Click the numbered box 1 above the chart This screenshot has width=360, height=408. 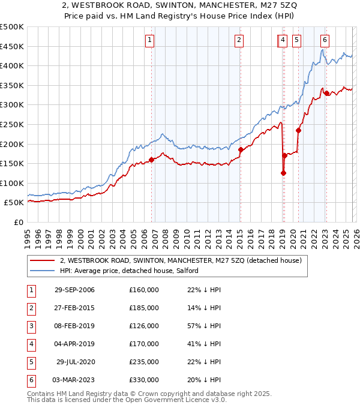[149, 40]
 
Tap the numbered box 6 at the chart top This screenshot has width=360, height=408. [325, 40]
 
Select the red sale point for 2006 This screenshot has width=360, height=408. [151, 160]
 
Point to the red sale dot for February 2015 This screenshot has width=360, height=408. [241, 149]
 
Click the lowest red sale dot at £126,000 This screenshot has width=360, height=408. [283, 173]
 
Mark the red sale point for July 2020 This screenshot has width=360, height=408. [298, 130]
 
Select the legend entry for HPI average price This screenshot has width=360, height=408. [133, 271]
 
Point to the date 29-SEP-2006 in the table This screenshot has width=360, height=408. [74, 290]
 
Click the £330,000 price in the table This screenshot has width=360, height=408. [144, 380]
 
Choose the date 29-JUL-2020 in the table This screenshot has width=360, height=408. [75, 362]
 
